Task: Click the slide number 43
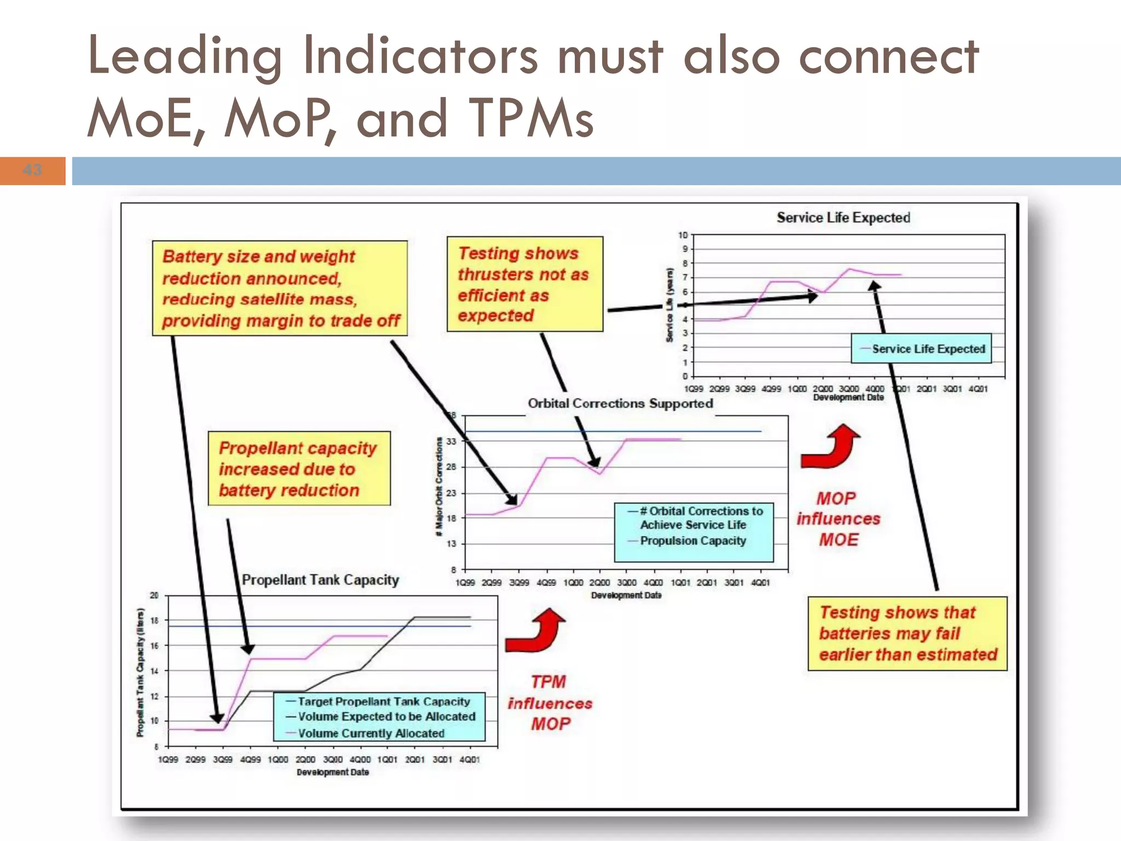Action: [x=32, y=170]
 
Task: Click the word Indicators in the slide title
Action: [x=420, y=55]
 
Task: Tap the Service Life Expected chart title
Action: [x=843, y=218]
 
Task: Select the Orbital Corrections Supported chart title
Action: [x=620, y=404]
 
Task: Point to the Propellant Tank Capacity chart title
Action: [x=320, y=580]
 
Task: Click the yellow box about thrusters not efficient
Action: [x=524, y=284]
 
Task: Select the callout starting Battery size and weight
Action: [x=280, y=288]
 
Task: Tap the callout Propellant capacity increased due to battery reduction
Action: [x=299, y=469]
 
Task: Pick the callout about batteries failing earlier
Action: [x=907, y=633]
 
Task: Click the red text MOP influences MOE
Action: [x=838, y=519]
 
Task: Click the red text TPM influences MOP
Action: [x=550, y=703]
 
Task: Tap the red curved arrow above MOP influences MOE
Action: [x=830, y=447]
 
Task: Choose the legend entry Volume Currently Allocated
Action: [x=371, y=733]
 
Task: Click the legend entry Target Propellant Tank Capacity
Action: [x=383, y=701]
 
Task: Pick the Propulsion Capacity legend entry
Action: [x=692, y=541]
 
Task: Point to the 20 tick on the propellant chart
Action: [x=154, y=595]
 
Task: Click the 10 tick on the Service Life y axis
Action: [x=683, y=235]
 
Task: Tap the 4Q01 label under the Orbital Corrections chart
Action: [x=760, y=583]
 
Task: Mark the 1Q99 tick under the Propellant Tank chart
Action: [x=168, y=760]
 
